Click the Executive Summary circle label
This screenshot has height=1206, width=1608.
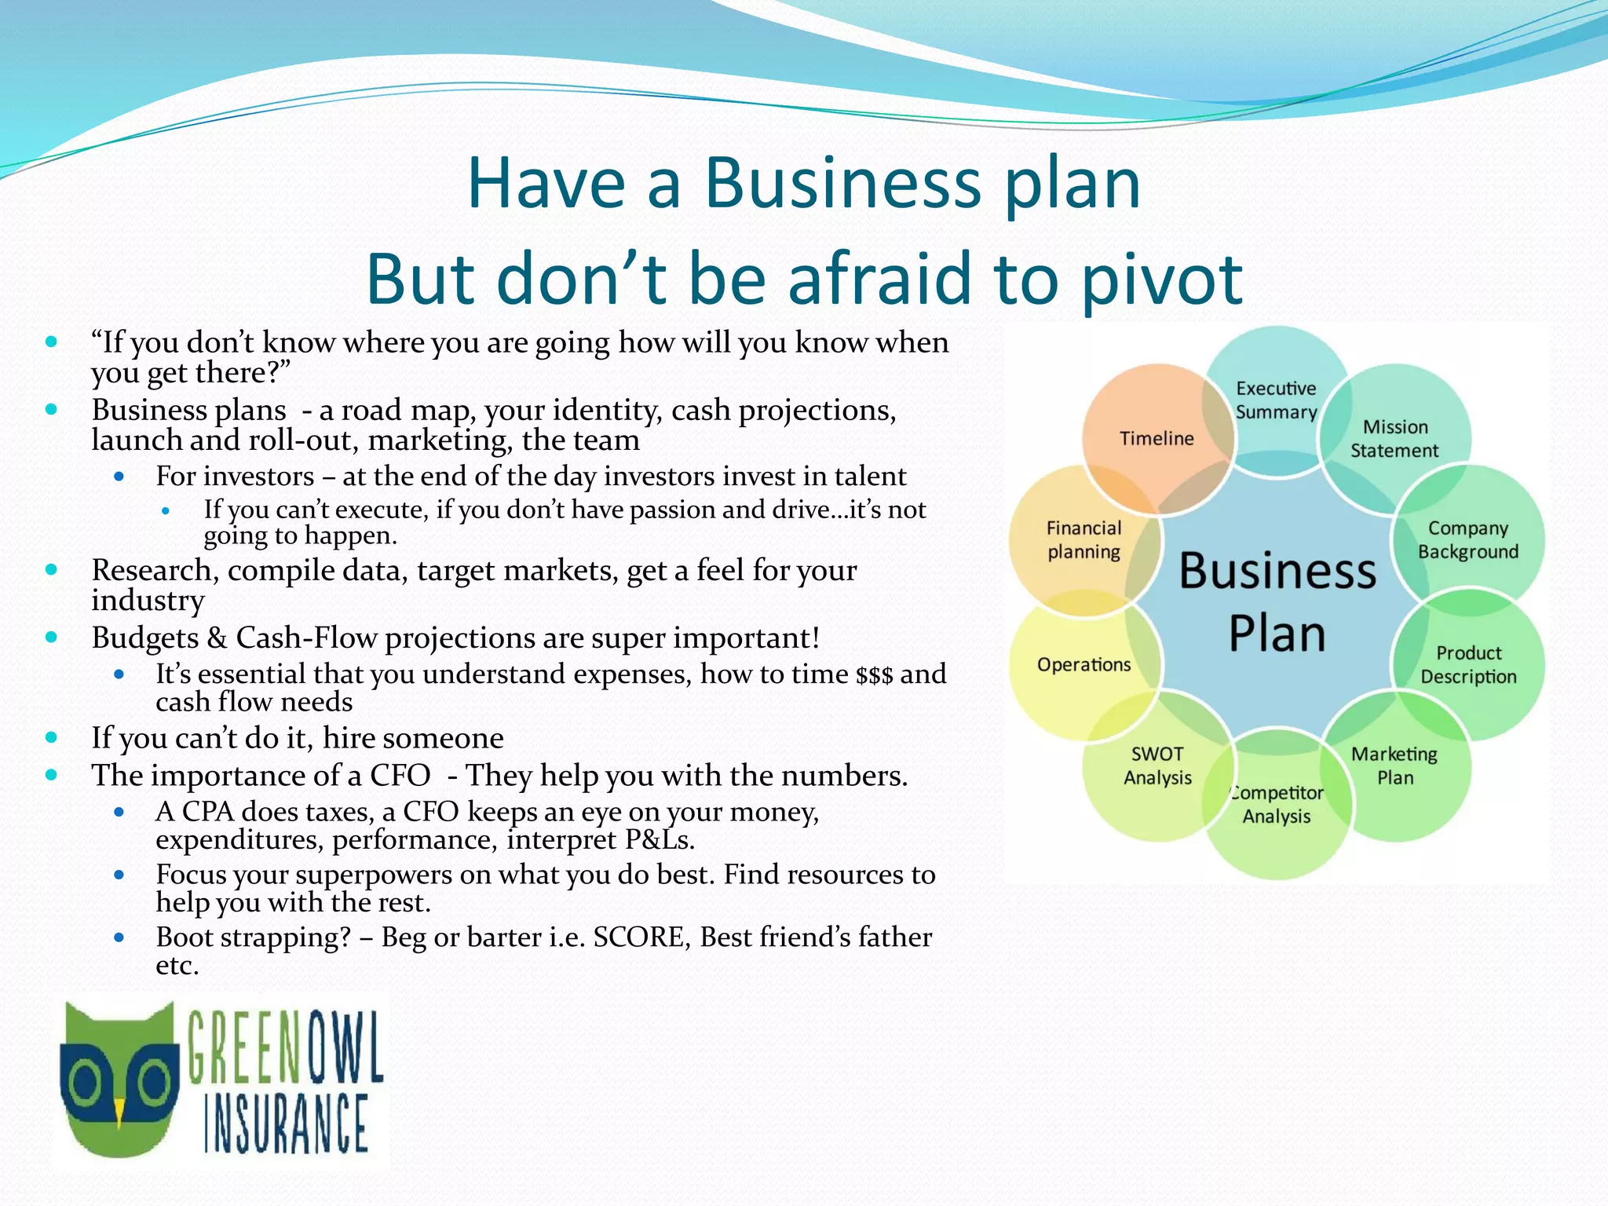click(1276, 400)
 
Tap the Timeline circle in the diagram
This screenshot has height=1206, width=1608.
click(1157, 438)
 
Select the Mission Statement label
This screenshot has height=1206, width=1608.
click(1394, 439)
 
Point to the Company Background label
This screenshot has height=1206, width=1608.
click(1467, 540)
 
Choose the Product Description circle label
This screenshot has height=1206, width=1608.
click(1468, 665)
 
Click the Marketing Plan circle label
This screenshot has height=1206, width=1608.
click(1394, 766)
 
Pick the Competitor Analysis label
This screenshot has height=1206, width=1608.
click(1277, 805)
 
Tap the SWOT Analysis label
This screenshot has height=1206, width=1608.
click(1157, 766)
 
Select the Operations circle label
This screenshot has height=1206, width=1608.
click(1084, 665)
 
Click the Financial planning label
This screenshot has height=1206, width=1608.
click(1084, 540)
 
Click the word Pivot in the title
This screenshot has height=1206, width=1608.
click(1161, 280)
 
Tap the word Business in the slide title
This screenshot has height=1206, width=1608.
click(842, 184)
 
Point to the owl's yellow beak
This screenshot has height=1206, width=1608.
click(119, 1113)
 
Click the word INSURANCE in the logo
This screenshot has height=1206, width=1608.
click(287, 1124)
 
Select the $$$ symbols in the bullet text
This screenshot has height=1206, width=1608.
click(874, 675)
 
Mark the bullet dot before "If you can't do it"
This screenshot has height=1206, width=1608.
click(52, 737)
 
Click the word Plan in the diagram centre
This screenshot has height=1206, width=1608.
click(1277, 634)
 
